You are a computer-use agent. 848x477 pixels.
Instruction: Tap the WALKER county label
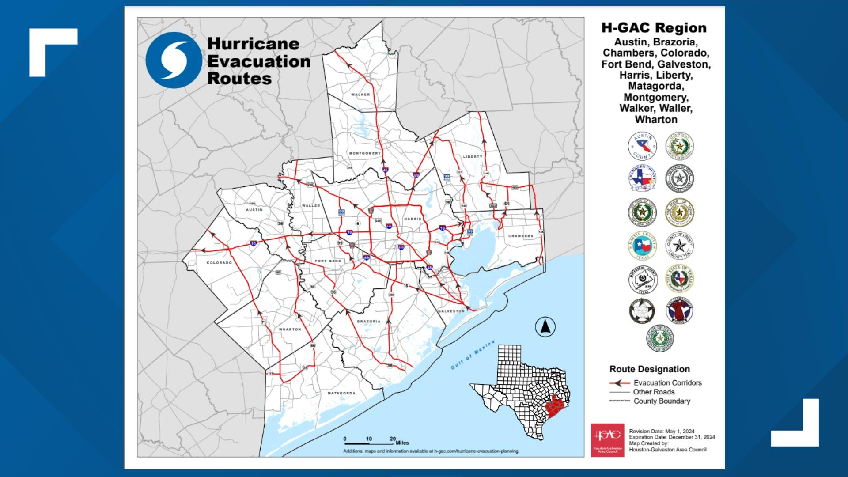tap(361, 95)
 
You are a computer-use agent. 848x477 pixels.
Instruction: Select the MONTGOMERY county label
tap(365, 153)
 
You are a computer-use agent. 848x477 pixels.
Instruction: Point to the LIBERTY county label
tap(473, 157)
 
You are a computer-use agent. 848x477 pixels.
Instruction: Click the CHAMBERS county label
tap(521, 236)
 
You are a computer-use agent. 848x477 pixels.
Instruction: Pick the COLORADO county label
tap(220, 263)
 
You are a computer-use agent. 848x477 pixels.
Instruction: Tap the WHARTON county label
tap(290, 329)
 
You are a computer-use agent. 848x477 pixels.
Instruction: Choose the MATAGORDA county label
tap(341, 393)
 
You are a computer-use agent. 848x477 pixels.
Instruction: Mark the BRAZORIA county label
tap(368, 322)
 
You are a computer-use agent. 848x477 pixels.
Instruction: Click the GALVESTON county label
tap(451, 311)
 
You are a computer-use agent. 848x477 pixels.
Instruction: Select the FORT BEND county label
tap(328, 261)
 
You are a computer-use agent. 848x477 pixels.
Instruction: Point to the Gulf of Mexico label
tap(473, 355)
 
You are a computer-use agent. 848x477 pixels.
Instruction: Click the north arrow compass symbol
tap(545, 327)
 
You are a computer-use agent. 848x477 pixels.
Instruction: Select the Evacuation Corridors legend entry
tap(656, 383)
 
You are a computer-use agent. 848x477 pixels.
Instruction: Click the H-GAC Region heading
tap(654, 28)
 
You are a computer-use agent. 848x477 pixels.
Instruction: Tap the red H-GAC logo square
tap(607, 440)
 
